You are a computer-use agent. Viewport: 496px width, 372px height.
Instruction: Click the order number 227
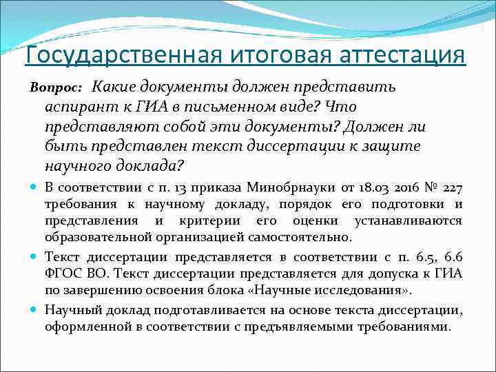tap(453, 188)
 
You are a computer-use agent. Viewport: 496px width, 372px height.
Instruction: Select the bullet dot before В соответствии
tap(34, 188)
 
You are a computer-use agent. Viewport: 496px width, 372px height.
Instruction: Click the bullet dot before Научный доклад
tap(34, 309)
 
